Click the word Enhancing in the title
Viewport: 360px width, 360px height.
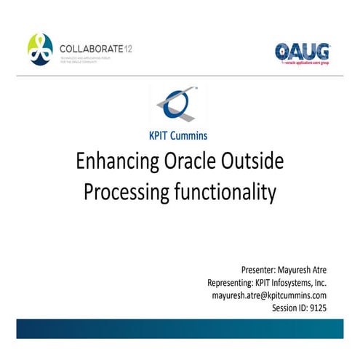[116, 161]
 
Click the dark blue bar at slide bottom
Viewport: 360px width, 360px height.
[180, 329]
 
